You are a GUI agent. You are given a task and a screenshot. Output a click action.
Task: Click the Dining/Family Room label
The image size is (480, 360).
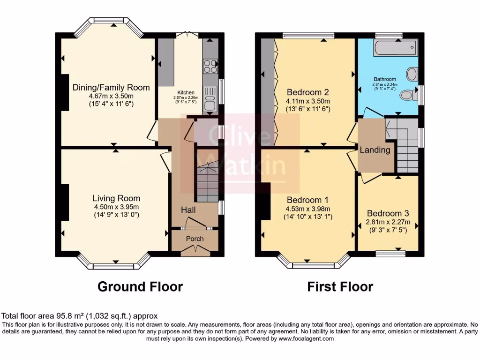[x=111, y=88]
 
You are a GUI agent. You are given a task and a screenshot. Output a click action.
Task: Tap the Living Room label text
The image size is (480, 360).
[x=116, y=198]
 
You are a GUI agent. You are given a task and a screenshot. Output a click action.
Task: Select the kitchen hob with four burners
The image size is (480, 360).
[x=210, y=66]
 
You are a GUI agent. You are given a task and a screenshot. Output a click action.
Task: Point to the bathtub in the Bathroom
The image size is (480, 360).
[x=395, y=48]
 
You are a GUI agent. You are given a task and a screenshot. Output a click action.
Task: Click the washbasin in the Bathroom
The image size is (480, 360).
[x=412, y=74]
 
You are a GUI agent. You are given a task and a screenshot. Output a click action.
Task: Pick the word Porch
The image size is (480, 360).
[x=195, y=239]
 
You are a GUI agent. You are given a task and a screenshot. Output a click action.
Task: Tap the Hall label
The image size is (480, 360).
[x=188, y=210]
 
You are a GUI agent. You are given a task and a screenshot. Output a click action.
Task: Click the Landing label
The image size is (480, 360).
[x=375, y=150]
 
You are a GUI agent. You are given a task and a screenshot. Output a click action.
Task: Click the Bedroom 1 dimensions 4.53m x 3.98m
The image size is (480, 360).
[x=307, y=209]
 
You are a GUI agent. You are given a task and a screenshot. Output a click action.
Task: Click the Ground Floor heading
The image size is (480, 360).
[x=140, y=286]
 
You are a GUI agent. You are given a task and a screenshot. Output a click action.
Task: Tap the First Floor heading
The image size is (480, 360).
[x=340, y=286]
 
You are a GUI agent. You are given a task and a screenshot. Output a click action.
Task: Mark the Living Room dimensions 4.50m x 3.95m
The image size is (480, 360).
[x=116, y=207]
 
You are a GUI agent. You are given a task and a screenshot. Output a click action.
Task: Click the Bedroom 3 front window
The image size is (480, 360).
[x=390, y=254]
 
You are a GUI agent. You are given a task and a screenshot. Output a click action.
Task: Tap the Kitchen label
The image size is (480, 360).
[x=186, y=92]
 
